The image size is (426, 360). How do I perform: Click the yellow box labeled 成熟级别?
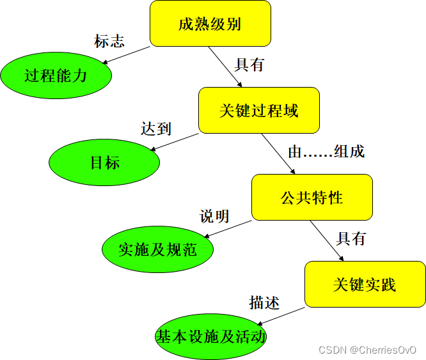click(x=210, y=24)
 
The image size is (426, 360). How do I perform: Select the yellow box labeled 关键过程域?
click(x=258, y=110)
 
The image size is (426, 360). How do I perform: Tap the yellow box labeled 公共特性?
click(x=312, y=197)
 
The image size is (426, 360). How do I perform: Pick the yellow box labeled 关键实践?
click(x=365, y=284)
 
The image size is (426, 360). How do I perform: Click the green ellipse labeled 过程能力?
click(x=56, y=75)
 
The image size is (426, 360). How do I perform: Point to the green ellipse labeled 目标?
click(x=104, y=162)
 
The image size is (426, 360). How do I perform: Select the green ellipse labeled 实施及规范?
click(x=157, y=249)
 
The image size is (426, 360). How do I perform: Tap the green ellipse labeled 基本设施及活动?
click(x=210, y=336)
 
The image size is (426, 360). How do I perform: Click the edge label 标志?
click(x=109, y=42)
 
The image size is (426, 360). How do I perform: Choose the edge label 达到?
click(x=156, y=128)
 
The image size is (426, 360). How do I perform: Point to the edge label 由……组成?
click(x=326, y=152)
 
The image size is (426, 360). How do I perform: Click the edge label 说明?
click(x=214, y=215)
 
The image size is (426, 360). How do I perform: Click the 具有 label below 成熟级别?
click(x=249, y=65)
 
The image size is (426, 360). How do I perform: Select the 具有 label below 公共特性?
click(x=351, y=239)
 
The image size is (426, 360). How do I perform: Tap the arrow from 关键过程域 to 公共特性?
click(x=278, y=153)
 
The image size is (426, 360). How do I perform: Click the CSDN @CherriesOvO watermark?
click(x=367, y=350)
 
